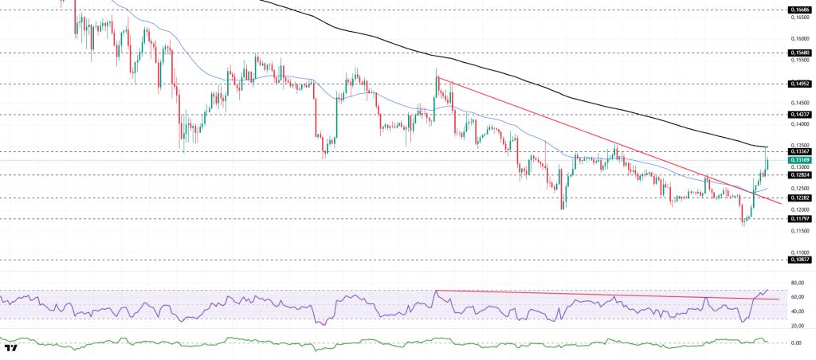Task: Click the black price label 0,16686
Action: (799, 10)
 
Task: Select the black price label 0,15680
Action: (799, 53)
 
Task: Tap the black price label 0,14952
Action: (799, 83)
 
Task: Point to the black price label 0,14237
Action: (799, 114)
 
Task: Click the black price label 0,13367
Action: (799, 151)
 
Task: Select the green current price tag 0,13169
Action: (799, 160)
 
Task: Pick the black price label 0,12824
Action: (799, 174)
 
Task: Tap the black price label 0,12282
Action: (799, 198)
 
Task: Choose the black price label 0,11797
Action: (799, 218)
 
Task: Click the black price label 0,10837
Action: (799, 260)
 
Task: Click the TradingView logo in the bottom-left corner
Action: (11, 348)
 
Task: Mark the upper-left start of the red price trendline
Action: (437, 78)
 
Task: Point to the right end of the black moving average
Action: (767, 147)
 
